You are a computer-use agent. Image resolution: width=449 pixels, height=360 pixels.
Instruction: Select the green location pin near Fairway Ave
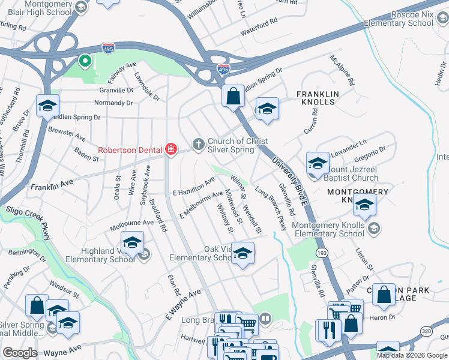click(85, 61)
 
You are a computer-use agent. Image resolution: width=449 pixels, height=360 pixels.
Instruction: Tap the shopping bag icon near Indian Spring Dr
click(232, 95)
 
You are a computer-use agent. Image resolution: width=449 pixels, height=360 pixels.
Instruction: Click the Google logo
click(20, 353)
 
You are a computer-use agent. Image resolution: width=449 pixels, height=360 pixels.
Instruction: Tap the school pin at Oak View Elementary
click(243, 253)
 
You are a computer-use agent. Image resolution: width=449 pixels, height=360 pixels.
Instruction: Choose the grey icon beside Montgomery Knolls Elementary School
click(373, 227)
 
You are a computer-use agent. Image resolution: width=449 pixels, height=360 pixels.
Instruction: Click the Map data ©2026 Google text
click(411, 355)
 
